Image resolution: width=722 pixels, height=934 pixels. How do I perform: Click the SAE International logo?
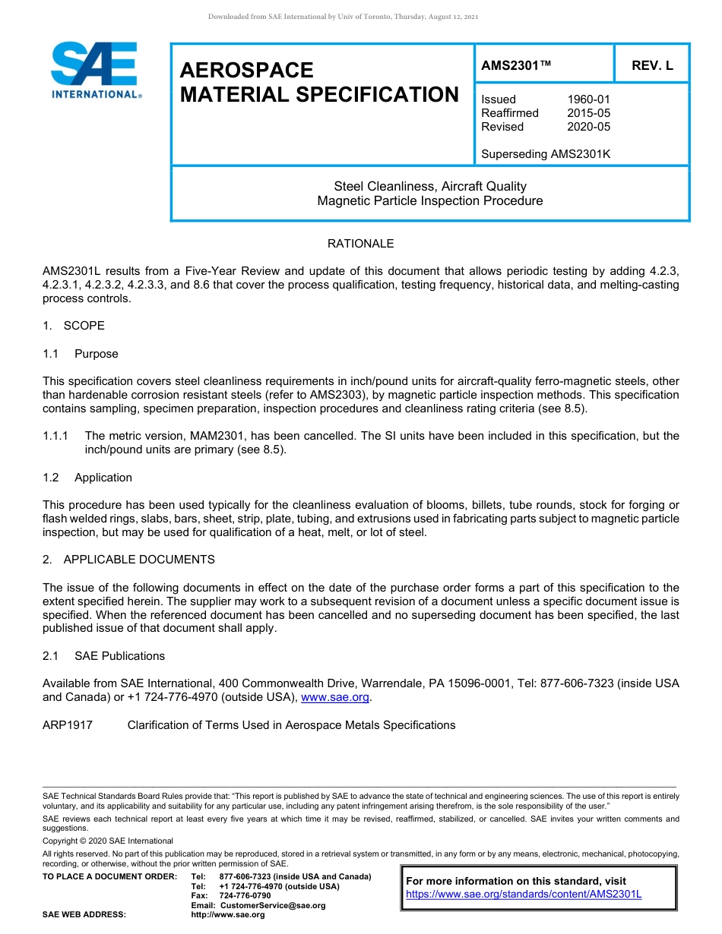pyautogui.click(x=95, y=70)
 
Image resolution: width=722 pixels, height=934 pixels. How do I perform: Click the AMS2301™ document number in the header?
pyautogui.click(x=516, y=66)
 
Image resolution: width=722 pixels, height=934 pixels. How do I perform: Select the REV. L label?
pyautogui.click(x=652, y=66)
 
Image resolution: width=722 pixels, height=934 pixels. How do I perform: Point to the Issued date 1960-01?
pyautogui.click(x=588, y=99)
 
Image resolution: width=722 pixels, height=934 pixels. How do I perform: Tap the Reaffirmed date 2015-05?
pyautogui.click(x=588, y=113)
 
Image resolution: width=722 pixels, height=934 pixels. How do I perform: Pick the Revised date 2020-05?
pyautogui.click(x=588, y=127)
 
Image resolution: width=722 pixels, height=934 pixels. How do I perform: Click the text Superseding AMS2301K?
pyautogui.click(x=546, y=154)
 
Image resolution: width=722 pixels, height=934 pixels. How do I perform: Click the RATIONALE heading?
pyautogui.click(x=360, y=244)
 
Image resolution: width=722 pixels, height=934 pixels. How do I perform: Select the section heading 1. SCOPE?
pyautogui.click(x=74, y=326)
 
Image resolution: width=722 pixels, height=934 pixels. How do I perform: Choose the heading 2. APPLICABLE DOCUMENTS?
pyautogui.click(x=128, y=560)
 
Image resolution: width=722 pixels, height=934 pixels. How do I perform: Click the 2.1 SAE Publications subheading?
pyautogui.click(x=103, y=656)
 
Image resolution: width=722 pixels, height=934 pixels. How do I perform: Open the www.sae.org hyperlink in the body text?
pyautogui.click(x=335, y=698)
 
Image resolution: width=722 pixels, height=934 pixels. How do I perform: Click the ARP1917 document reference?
pyautogui.click(x=68, y=725)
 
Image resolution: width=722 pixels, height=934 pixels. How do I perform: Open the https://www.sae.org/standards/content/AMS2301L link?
pyautogui.click(x=524, y=895)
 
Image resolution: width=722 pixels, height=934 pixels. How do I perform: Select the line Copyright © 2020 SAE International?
pyautogui.click(x=108, y=841)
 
